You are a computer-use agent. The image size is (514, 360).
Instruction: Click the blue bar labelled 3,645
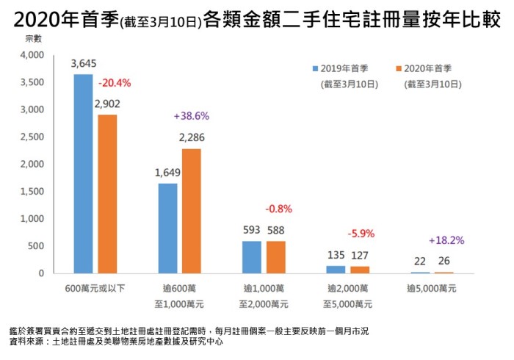(83, 174)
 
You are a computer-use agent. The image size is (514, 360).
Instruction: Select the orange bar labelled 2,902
(107, 194)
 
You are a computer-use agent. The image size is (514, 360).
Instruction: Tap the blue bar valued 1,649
(167, 228)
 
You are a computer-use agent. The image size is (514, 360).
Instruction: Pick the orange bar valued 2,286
(192, 211)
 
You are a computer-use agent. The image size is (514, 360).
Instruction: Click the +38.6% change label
(192, 116)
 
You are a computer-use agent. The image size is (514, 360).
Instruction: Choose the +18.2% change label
(446, 240)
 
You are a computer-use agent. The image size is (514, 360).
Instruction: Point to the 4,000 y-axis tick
(35, 56)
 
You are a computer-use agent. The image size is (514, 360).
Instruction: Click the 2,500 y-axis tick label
(35, 137)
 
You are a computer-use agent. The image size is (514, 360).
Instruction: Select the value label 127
(361, 256)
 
